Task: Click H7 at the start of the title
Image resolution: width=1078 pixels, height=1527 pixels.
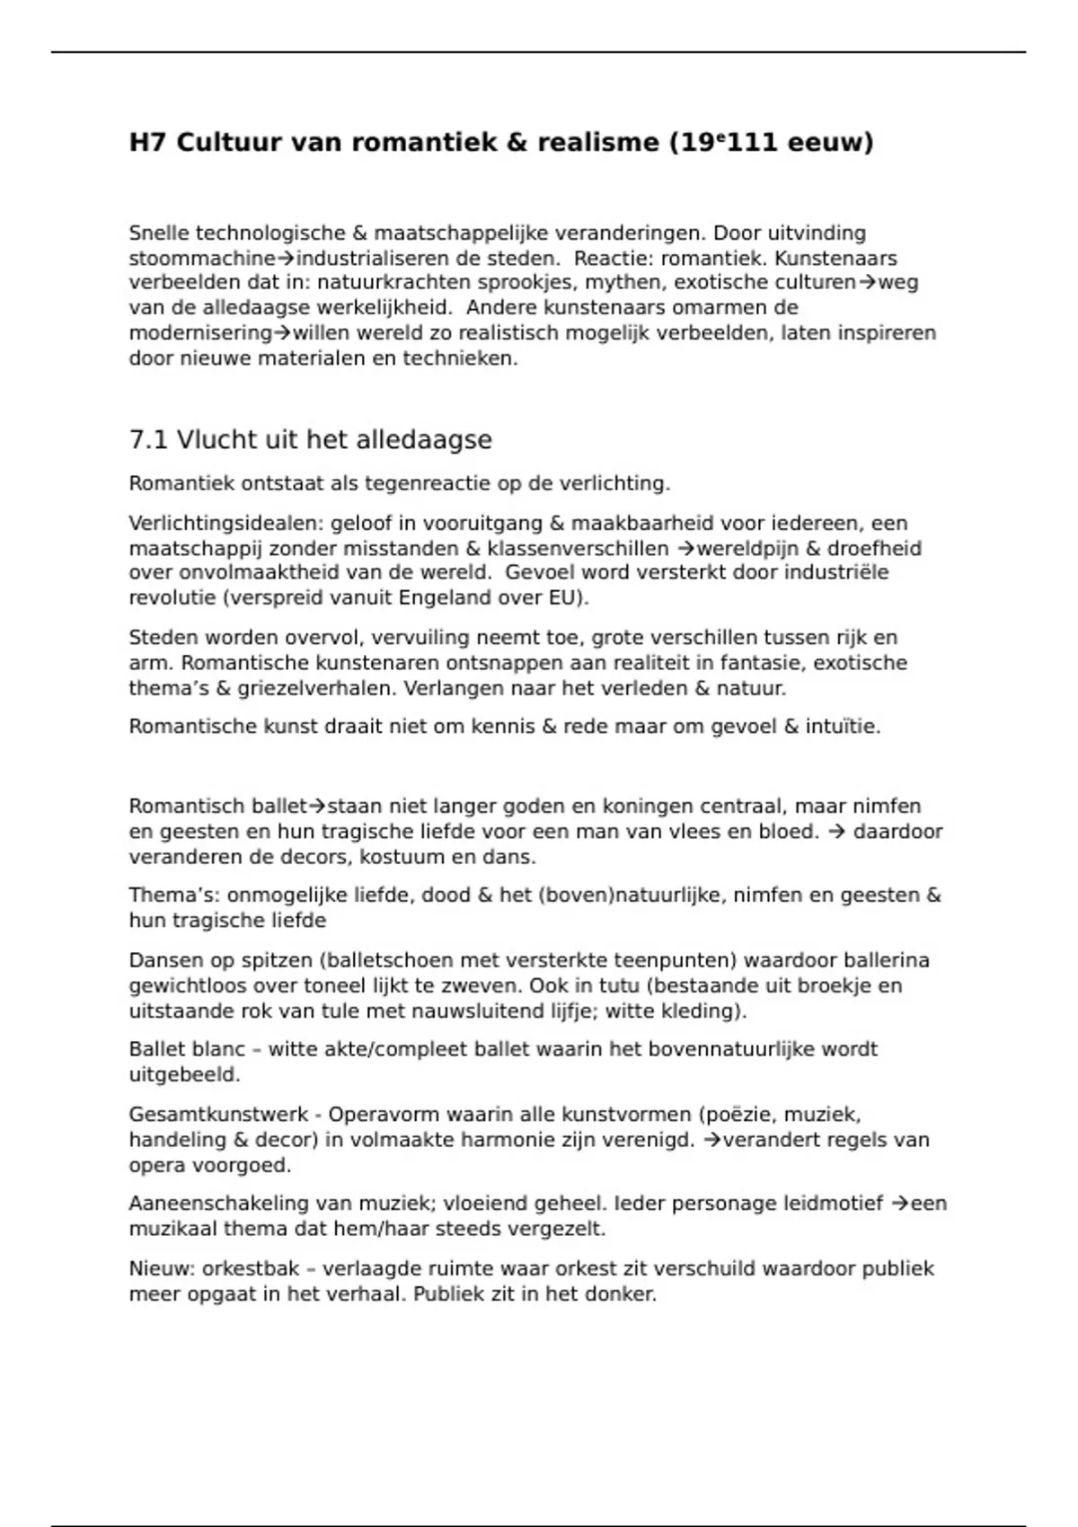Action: coord(148,143)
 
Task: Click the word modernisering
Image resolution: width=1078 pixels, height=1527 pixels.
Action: coord(200,333)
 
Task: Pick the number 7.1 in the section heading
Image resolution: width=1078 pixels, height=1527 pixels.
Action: coord(148,440)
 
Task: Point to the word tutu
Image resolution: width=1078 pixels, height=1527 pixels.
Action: coord(620,986)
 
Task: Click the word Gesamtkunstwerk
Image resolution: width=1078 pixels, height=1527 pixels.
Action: coord(218,1116)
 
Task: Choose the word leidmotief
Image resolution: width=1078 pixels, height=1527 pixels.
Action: coord(832,1204)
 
